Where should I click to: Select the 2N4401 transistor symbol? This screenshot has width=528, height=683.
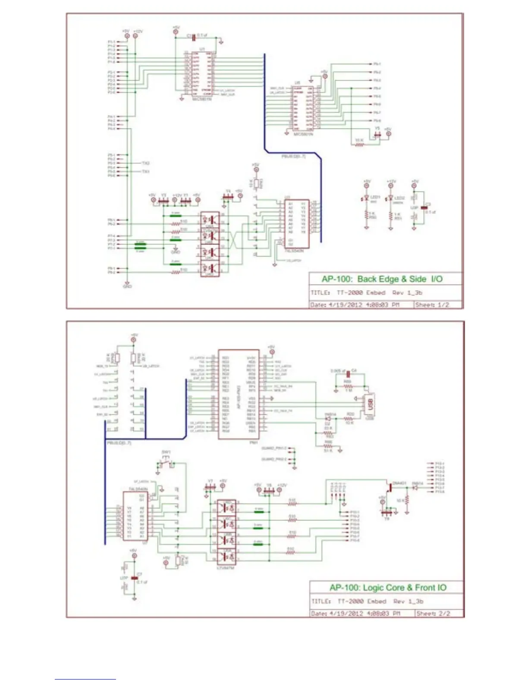[x=390, y=487]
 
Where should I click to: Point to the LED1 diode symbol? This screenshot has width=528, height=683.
[x=366, y=198]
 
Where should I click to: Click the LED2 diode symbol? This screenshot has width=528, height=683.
[x=390, y=198]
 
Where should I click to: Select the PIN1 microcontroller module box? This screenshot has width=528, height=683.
[x=239, y=394]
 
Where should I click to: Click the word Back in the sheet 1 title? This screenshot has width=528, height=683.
[x=367, y=279]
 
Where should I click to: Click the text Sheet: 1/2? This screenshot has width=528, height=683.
[x=432, y=304]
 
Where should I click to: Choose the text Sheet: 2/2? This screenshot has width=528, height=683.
[x=433, y=613]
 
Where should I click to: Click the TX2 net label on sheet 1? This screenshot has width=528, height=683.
[x=146, y=163]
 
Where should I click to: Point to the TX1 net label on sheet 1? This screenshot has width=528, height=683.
[x=146, y=172]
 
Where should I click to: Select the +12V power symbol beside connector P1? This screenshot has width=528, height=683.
[x=135, y=36]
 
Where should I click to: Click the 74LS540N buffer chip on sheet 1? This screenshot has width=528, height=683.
[x=296, y=224]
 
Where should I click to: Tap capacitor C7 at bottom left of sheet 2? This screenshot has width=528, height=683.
[x=135, y=577]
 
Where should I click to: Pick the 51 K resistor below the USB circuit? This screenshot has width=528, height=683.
[x=328, y=446]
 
